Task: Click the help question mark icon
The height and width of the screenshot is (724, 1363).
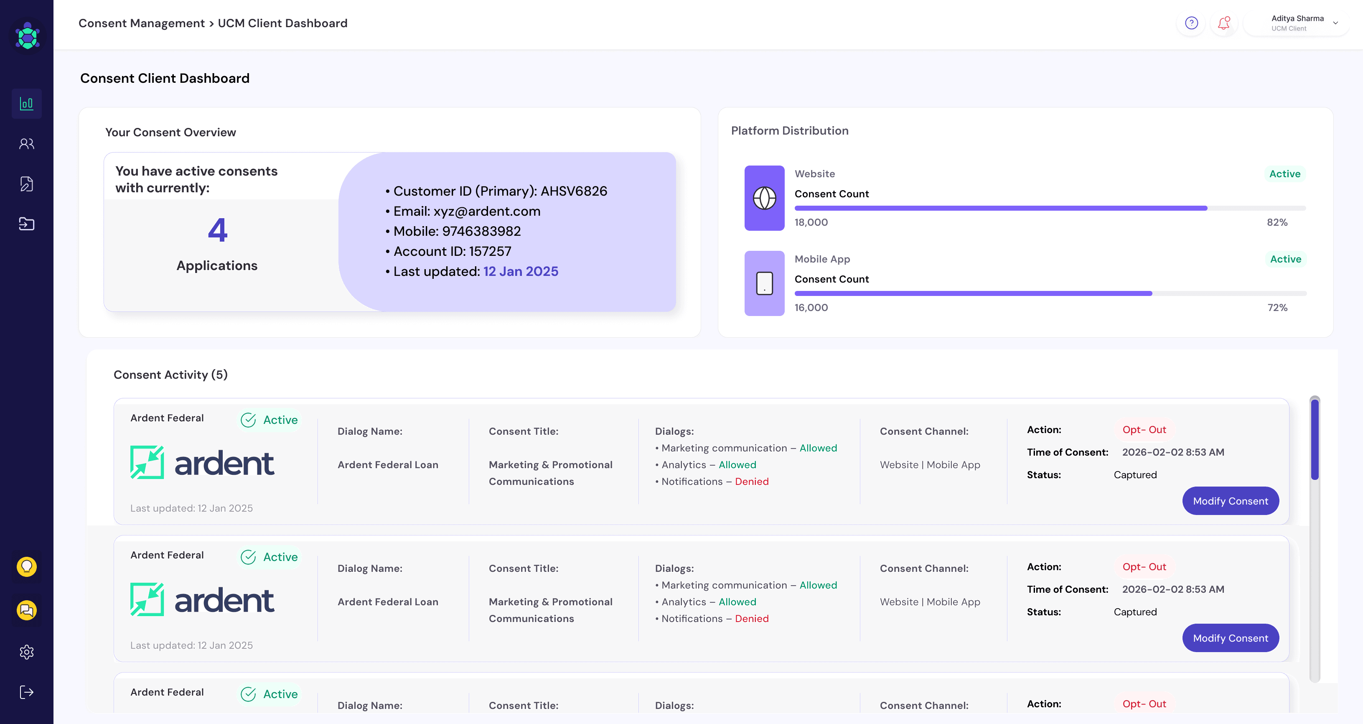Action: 1191,23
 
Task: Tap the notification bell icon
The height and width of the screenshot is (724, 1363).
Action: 1223,23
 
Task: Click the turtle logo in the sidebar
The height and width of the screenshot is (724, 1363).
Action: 28,36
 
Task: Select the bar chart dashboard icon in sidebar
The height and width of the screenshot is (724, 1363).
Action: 26,103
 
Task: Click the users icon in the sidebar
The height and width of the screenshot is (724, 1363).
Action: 26,143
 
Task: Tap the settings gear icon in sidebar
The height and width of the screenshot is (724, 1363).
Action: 26,652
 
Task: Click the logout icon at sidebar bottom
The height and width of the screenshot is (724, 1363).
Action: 26,692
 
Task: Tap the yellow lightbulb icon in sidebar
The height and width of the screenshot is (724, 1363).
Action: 26,567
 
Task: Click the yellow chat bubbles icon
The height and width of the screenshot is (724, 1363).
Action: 26,610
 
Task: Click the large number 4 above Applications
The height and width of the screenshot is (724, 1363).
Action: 217,229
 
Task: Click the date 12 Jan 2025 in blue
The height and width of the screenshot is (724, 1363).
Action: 521,272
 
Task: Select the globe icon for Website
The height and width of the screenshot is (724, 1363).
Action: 765,198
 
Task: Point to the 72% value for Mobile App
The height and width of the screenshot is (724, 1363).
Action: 1277,308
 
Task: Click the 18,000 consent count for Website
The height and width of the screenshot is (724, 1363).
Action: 811,222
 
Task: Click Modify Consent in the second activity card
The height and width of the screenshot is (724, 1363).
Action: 1230,638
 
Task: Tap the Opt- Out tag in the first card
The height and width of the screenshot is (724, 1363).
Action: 1144,430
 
